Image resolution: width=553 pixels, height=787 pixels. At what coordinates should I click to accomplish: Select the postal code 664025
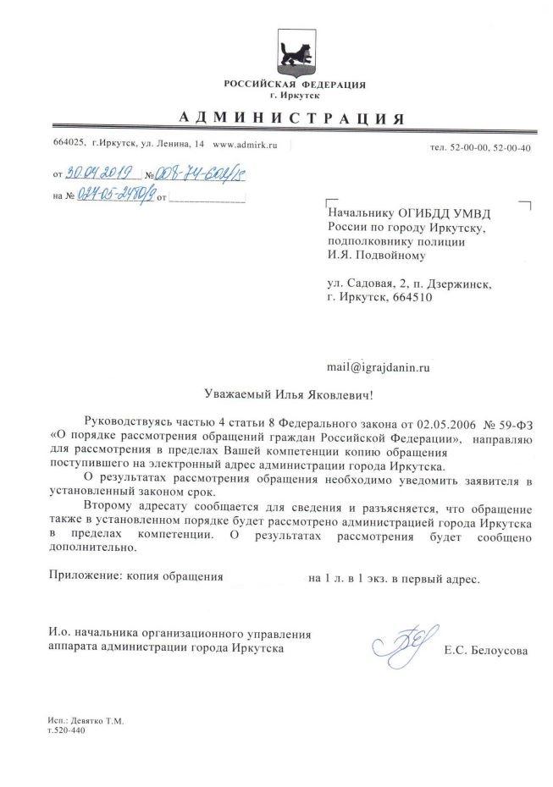tap(69, 146)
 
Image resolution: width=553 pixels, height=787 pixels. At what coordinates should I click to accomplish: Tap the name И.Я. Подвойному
tap(376, 253)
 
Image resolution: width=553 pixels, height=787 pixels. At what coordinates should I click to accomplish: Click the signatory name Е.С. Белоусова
tap(485, 651)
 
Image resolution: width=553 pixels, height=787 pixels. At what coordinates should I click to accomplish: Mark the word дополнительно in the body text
tap(92, 548)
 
